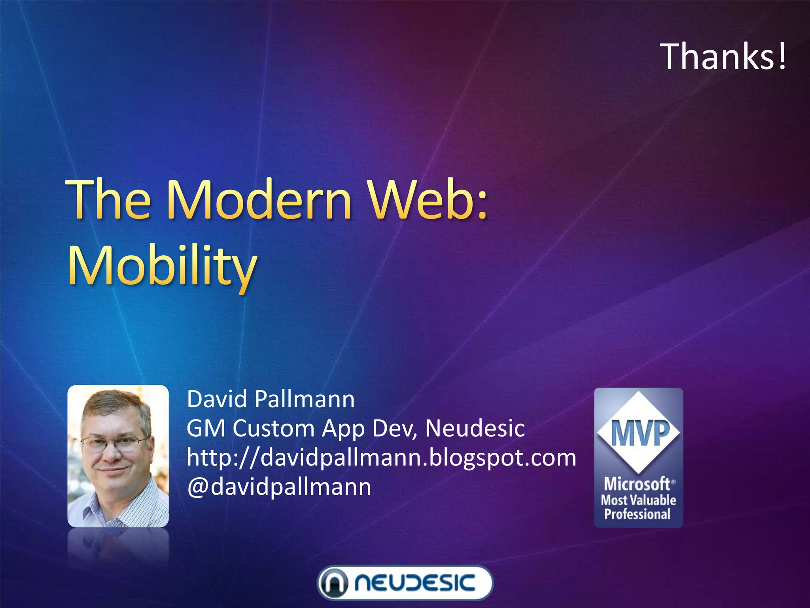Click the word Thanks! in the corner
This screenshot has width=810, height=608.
tap(723, 57)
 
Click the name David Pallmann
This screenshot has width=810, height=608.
tap(271, 399)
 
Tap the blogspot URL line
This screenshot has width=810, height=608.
tap(381, 458)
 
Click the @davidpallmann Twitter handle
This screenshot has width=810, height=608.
tap(279, 487)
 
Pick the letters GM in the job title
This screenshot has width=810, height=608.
tap(206, 428)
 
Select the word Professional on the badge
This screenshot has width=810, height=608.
tap(637, 514)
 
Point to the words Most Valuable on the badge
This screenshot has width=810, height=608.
tap(638, 500)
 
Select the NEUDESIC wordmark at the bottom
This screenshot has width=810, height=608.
tap(414, 583)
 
